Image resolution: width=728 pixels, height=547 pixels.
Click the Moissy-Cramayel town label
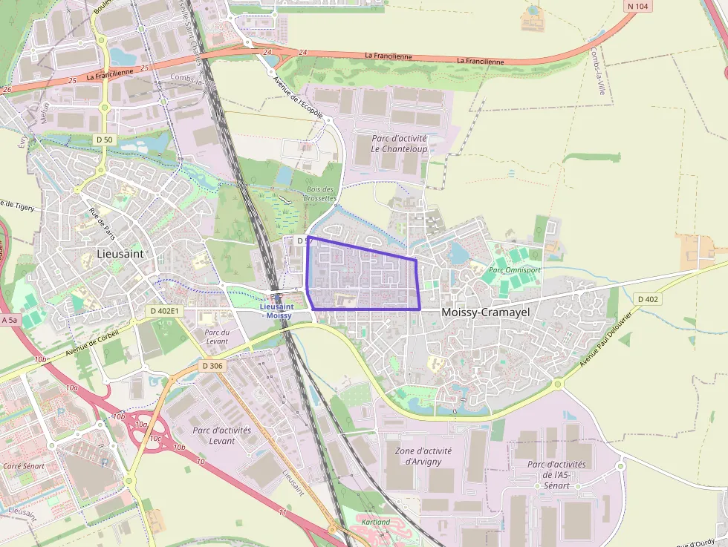(485, 312)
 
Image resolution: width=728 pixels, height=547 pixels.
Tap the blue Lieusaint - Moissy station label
(276, 310)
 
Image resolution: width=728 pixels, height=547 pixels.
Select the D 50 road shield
(104, 140)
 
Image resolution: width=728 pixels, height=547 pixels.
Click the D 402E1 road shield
(164, 311)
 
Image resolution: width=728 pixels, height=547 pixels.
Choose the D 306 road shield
(212, 366)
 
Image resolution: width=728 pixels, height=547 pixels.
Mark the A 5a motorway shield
(10, 320)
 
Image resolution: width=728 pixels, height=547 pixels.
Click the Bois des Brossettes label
(320, 194)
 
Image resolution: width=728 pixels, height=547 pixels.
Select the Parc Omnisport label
(514, 270)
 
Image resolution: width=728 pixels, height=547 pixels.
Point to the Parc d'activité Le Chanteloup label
(400, 144)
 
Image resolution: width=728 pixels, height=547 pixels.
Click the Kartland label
(375, 522)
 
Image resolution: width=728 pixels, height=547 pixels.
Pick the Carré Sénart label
(24, 466)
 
